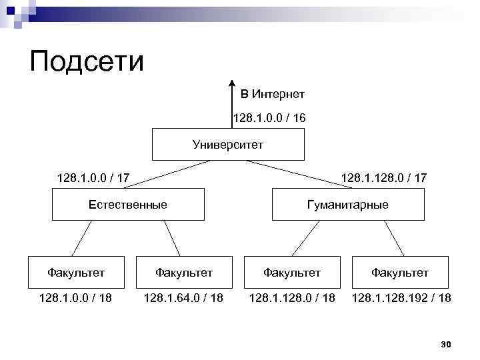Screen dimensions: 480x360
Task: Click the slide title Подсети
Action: pyautogui.click(x=87, y=61)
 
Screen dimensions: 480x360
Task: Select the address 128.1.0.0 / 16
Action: pyautogui.click(x=269, y=118)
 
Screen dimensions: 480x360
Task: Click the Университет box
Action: pyautogui.click(x=228, y=145)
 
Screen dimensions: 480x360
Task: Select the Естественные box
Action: pyautogui.click(x=127, y=204)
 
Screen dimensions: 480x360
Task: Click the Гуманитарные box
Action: pyautogui.click(x=347, y=204)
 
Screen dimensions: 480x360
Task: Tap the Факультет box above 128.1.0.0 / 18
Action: pyautogui.click(x=76, y=272)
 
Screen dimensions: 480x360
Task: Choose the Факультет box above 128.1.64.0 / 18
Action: pyautogui.click(x=184, y=272)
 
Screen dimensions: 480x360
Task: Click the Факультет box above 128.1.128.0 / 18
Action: pyautogui.click(x=292, y=272)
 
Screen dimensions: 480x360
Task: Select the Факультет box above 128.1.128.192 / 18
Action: pyautogui.click(x=400, y=272)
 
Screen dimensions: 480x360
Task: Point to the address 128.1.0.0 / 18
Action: pyautogui.click(x=75, y=297)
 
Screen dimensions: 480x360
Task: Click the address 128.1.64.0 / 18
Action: pyautogui.click(x=183, y=297)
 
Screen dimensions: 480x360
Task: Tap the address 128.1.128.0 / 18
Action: pyautogui.click(x=292, y=297)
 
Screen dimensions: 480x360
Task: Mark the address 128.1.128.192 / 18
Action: pyautogui.click(x=401, y=297)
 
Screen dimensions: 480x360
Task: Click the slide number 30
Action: pyautogui.click(x=447, y=344)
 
